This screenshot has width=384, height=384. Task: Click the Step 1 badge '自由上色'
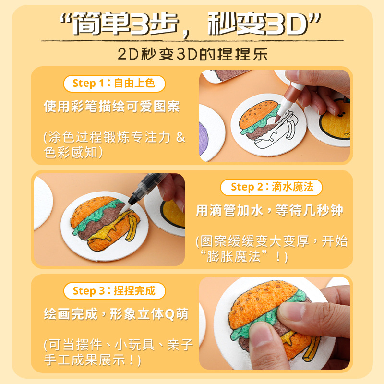click(114, 84)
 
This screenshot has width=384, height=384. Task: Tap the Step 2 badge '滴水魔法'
click(271, 187)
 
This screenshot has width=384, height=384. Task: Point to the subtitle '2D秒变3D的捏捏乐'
click(192, 54)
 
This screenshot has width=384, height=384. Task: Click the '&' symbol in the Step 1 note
click(180, 137)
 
